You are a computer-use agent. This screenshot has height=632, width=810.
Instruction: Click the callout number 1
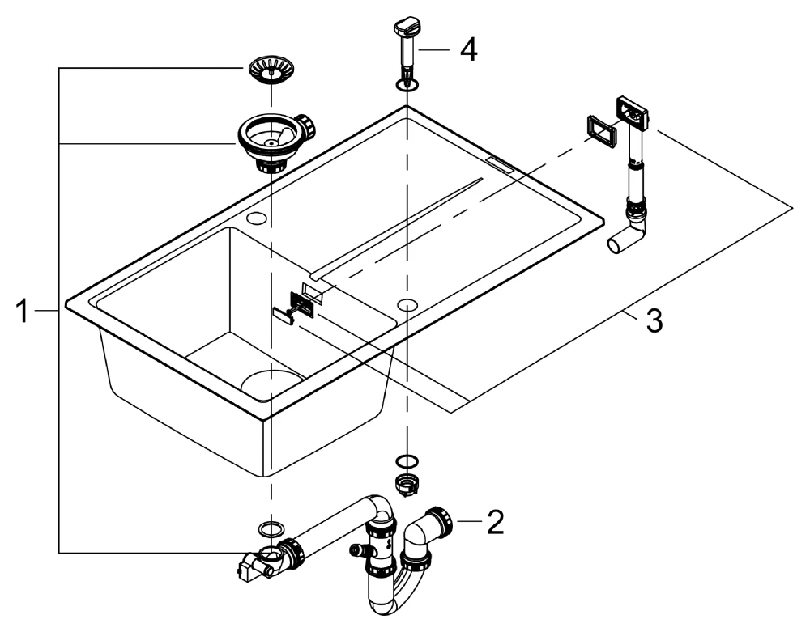[x=24, y=310]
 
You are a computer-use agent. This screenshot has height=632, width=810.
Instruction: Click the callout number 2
[x=495, y=522]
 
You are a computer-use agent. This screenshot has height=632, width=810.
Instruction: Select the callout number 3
[x=654, y=320]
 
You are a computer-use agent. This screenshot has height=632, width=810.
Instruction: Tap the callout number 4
[x=467, y=49]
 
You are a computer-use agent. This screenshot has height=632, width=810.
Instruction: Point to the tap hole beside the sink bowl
[x=258, y=218]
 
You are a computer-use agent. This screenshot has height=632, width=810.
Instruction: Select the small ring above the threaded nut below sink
[x=407, y=462]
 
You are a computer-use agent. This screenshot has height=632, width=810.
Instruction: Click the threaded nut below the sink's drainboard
[x=407, y=484]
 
